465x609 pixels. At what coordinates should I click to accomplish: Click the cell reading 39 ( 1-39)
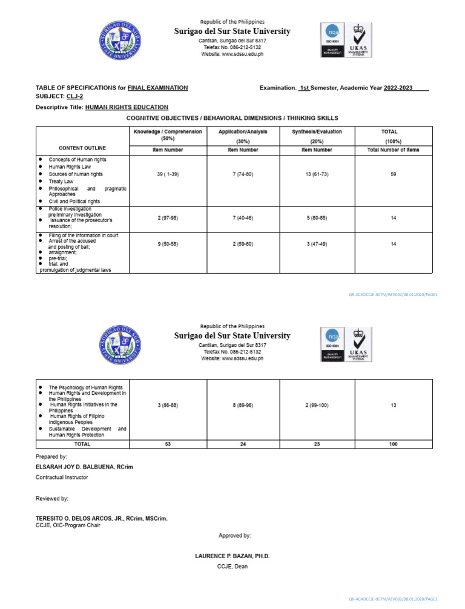click(x=167, y=174)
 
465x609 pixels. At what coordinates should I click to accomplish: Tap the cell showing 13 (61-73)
click(x=317, y=174)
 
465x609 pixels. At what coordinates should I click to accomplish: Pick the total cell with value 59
click(x=394, y=174)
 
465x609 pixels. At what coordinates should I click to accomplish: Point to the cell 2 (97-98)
click(x=167, y=217)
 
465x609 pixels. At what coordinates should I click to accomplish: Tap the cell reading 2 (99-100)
click(x=317, y=405)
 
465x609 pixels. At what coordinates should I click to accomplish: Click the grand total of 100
click(x=394, y=444)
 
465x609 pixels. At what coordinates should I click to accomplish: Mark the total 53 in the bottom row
click(x=167, y=444)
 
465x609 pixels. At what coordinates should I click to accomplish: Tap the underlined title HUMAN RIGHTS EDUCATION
click(x=127, y=107)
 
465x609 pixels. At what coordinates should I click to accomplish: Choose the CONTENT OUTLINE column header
click(x=82, y=148)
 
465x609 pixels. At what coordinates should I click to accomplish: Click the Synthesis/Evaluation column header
click(x=317, y=131)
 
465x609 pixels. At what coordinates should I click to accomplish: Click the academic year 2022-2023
click(x=398, y=88)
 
